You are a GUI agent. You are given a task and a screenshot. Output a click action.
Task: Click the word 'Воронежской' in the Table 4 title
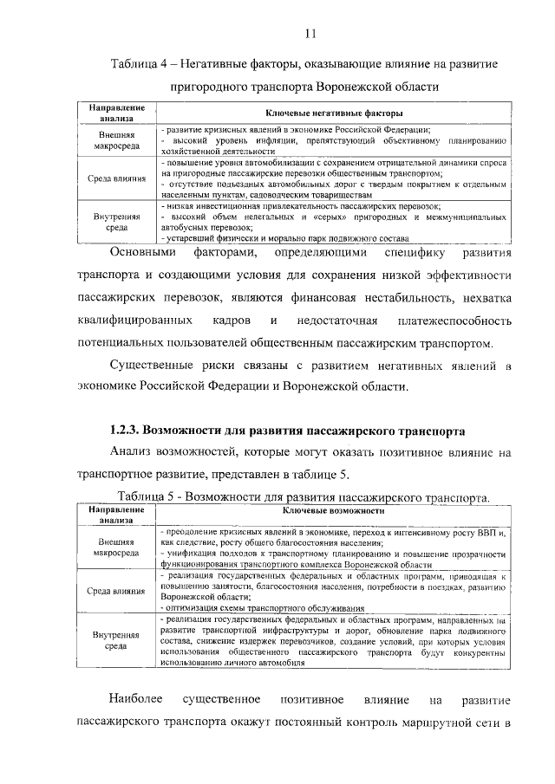tap(355, 87)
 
